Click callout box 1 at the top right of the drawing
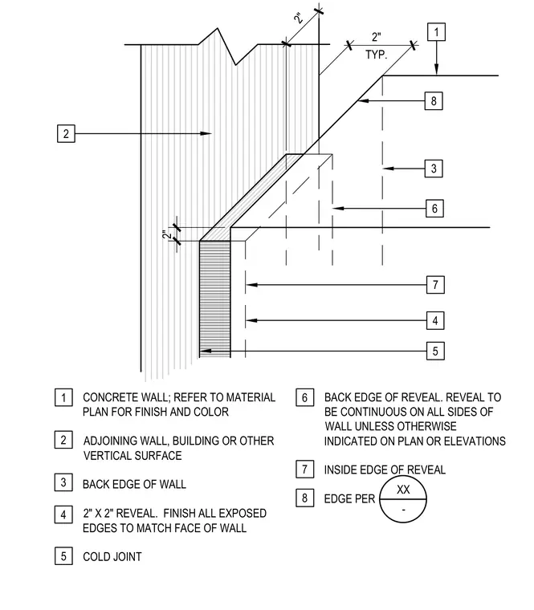click(x=436, y=32)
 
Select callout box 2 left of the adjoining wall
click(x=66, y=133)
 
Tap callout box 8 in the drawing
click(x=434, y=101)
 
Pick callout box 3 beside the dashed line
click(x=434, y=169)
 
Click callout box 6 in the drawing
click(x=434, y=208)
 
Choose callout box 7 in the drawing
click(x=435, y=285)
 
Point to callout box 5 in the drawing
click(x=435, y=351)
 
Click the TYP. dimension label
click(x=377, y=55)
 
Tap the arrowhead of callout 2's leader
click(x=206, y=133)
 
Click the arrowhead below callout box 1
click(x=436, y=69)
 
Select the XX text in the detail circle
click(x=403, y=490)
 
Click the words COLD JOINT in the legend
click(x=112, y=557)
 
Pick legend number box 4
click(x=63, y=515)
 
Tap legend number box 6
click(x=305, y=397)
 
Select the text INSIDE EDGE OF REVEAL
click(x=385, y=470)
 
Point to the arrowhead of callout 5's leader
click(x=205, y=351)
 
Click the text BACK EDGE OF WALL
click(x=134, y=484)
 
